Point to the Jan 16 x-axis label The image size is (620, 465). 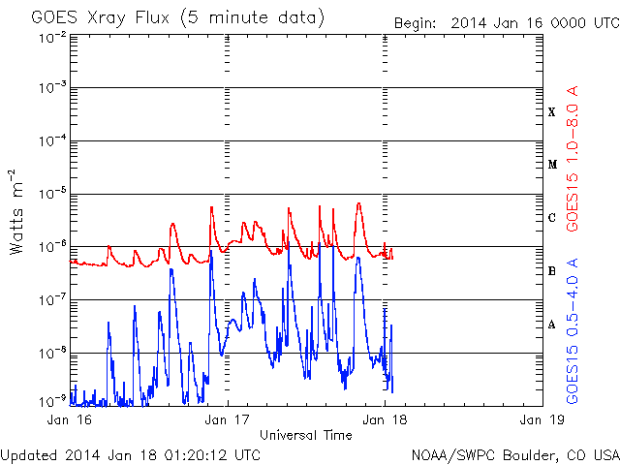point(71,419)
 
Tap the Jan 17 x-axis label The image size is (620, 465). point(228,419)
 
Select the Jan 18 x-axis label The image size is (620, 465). point(385,419)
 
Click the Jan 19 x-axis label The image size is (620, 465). point(541,419)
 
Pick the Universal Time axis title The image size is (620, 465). point(306,435)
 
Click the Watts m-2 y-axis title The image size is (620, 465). point(18,211)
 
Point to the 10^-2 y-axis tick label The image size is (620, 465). point(53,36)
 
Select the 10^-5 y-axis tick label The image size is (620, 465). point(53,194)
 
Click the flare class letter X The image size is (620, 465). point(552,112)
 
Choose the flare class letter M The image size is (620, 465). point(552,165)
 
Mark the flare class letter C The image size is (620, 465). point(552,218)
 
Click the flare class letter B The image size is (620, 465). point(552,272)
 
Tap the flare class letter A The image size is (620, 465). point(552,325)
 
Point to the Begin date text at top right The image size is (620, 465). point(505,22)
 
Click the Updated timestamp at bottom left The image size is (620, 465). point(130,453)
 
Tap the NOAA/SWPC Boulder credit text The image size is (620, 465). point(513,453)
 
